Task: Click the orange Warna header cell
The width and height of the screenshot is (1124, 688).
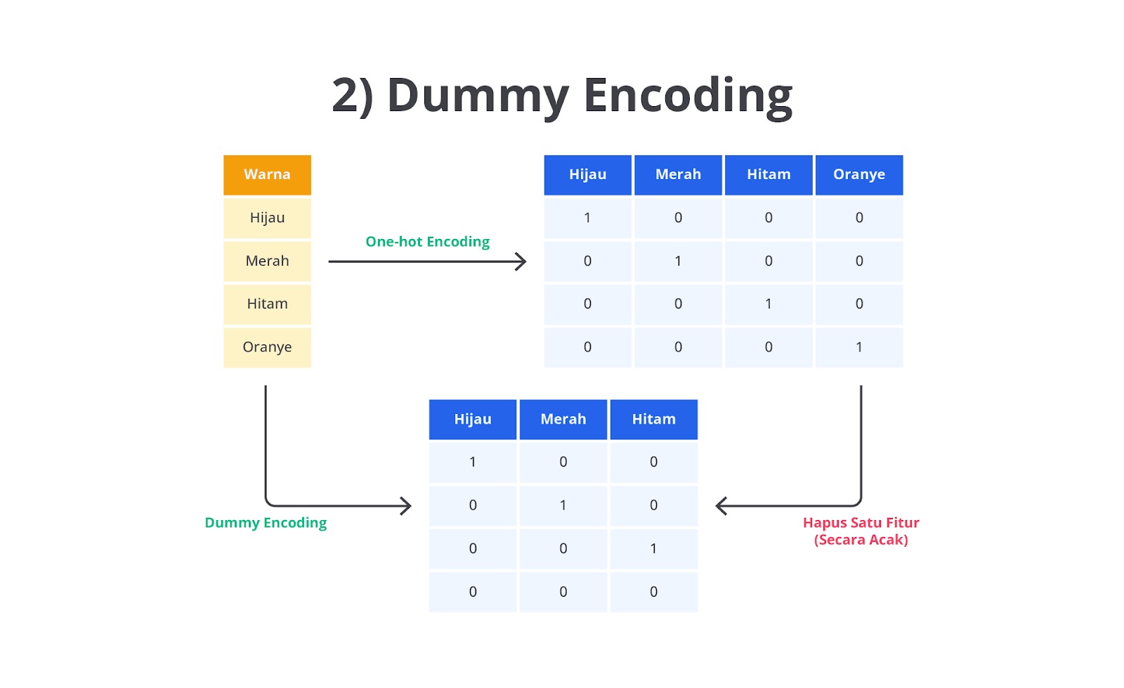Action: [x=267, y=174]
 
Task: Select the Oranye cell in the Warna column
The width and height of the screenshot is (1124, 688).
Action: [x=267, y=347]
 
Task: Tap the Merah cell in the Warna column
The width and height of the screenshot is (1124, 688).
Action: [x=267, y=261]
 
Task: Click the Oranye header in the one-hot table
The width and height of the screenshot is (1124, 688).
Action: [x=859, y=174]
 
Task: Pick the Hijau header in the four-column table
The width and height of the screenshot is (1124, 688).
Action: [x=587, y=174]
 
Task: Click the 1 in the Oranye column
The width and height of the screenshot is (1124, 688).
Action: [x=859, y=347]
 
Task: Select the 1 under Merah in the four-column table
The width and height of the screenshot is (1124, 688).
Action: [x=678, y=261]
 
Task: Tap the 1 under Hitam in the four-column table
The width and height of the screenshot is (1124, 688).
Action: [x=769, y=304]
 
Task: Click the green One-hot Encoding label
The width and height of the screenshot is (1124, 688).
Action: [x=428, y=241]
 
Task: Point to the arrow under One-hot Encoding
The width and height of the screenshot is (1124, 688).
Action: [x=427, y=261]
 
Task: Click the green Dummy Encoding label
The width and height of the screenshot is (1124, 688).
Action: [x=266, y=523]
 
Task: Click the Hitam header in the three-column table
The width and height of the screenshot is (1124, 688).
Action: [x=654, y=419]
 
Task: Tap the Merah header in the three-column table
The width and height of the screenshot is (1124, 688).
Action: [x=563, y=419]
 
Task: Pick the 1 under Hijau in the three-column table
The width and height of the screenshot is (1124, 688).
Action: [x=473, y=462]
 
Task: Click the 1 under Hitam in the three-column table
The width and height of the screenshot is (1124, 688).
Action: [x=653, y=548]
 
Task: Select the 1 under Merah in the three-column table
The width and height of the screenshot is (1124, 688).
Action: [x=563, y=505]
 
